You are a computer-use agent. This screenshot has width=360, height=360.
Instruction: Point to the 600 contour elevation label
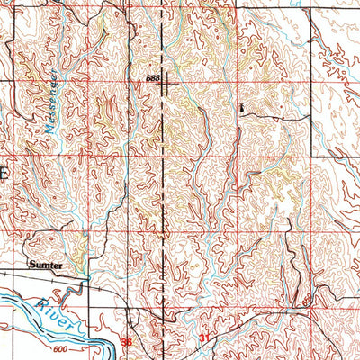60,348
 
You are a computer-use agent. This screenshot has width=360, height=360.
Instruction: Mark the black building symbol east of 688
240,107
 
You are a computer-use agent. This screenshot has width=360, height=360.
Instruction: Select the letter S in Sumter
31,265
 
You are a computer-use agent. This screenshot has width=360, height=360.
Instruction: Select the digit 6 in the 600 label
54,348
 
